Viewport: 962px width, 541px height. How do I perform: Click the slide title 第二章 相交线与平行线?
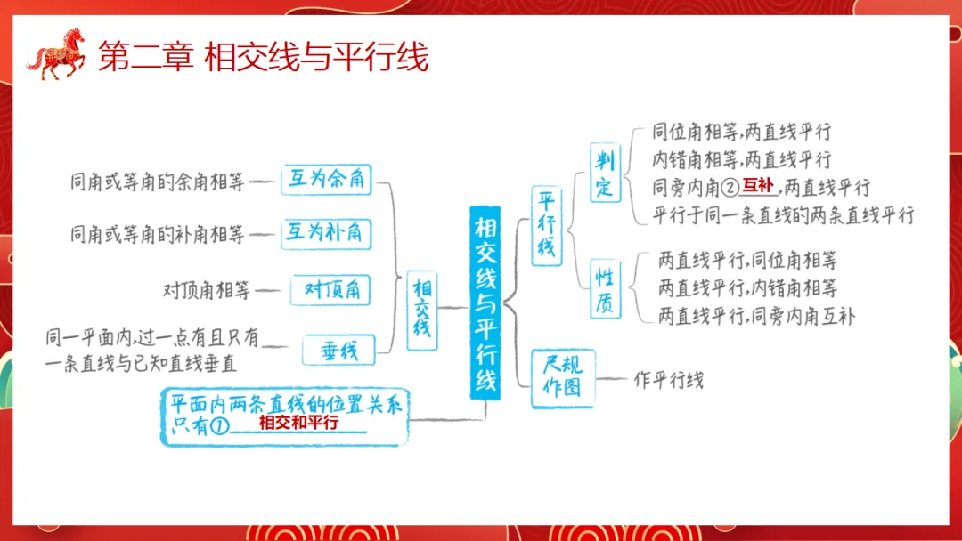coord(263,57)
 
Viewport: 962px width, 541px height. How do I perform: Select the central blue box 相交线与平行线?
coord(486,303)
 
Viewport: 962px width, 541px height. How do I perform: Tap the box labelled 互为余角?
coord(326,179)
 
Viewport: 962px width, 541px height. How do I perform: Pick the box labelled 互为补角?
coord(326,233)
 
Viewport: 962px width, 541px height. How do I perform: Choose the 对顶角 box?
coord(331,289)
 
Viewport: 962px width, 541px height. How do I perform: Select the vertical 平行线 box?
coord(547,225)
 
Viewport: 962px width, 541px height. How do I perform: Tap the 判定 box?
coord(606,173)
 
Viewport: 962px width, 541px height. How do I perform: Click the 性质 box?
coord(605,288)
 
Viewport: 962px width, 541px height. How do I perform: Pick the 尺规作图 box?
coord(562,378)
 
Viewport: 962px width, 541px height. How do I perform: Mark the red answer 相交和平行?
coord(298,424)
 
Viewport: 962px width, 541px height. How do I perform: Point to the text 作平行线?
coord(668,380)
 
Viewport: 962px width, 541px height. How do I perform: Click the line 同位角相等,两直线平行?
coord(741,133)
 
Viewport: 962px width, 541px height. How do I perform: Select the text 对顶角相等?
coord(207,289)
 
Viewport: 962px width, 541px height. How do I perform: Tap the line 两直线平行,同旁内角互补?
coord(756,316)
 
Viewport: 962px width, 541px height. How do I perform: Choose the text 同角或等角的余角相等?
coord(157,182)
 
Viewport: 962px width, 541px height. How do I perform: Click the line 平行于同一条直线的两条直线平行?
coord(783,215)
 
